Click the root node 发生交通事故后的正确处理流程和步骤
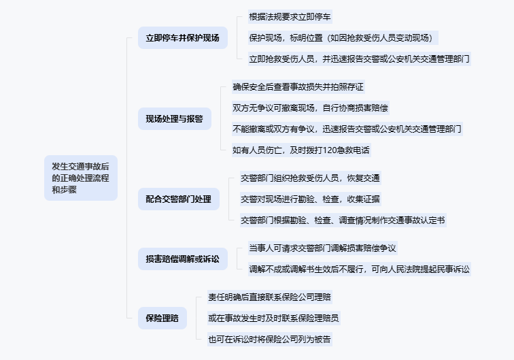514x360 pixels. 81,177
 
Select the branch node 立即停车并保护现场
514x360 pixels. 178,37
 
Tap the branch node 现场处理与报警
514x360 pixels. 174,118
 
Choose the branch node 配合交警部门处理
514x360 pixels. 178,199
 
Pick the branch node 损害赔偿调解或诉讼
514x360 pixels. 182,259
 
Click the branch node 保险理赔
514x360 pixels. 162,317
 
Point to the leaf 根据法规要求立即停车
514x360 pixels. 290,16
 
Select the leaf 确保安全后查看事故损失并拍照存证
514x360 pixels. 298,86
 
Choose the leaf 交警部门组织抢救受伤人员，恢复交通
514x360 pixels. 310,178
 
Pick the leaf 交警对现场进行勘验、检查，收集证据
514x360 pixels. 310,199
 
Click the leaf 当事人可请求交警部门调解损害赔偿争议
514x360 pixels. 322,248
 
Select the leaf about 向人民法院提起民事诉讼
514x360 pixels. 360,269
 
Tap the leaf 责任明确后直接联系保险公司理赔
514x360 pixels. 270,297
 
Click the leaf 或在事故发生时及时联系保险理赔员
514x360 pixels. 274,318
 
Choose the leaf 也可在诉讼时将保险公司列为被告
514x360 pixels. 270,338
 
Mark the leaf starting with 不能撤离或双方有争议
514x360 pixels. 347,129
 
